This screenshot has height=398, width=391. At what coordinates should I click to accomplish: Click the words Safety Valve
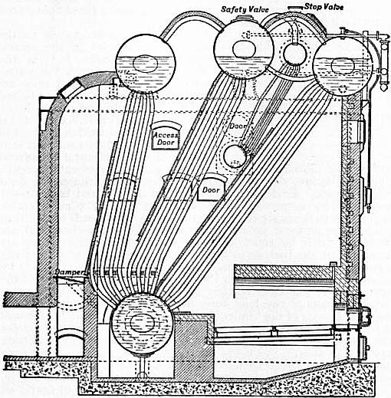tap(245, 10)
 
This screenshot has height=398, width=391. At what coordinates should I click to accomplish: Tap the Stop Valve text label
tap(324, 7)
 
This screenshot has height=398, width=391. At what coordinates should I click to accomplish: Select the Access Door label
tap(166, 139)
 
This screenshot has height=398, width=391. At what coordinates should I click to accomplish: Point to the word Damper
tap(70, 272)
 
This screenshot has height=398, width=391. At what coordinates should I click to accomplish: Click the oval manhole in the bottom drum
tap(143, 323)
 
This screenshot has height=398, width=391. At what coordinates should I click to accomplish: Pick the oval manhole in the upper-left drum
tap(145, 64)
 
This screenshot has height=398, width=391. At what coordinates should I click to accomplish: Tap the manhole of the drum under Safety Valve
tap(244, 49)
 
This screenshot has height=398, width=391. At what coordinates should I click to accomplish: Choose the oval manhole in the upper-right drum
tap(343, 65)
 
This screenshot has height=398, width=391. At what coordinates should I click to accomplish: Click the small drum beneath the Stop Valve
tap(295, 54)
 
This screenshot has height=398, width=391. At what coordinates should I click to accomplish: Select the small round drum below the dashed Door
tap(235, 156)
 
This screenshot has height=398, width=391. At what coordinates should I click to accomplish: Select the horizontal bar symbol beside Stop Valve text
tap(296, 8)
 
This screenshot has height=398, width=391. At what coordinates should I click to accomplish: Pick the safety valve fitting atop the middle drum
tap(244, 18)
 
